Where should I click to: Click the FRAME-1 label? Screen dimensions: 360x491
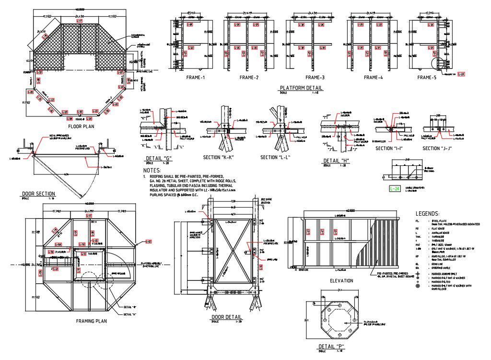[x=196, y=78]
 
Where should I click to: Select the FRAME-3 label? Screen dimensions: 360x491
[x=315, y=78]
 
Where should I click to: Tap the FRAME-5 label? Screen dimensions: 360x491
[x=427, y=78]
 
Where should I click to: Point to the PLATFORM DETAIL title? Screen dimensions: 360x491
[x=301, y=88]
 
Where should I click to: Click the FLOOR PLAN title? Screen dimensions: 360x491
[x=82, y=127]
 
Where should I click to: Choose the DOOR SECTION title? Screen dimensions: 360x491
[x=38, y=194]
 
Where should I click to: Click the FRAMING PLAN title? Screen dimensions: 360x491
[x=91, y=321]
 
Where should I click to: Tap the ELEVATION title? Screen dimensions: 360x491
[x=341, y=281]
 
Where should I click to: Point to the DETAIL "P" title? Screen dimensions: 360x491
[x=331, y=347]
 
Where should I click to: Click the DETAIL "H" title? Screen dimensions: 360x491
[x=336, y=161]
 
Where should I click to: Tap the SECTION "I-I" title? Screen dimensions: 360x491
[x=391, y=149]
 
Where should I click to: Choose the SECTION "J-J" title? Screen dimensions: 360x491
[x=438, y=149]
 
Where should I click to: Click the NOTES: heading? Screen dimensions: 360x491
[x=152, y=170]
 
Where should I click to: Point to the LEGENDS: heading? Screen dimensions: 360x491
[x=429, y=213]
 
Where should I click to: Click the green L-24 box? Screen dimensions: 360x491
[x=394, y=189]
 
